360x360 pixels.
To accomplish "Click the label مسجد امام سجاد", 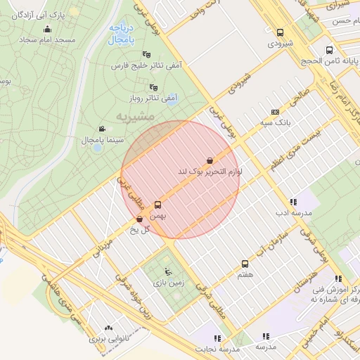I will [x=47, y=40].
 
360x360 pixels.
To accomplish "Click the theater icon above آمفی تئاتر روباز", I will [x=154, y=87].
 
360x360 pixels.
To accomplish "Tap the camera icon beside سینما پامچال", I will [x=103, y=129].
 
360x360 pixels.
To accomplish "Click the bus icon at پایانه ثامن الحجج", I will [x=329, y=50].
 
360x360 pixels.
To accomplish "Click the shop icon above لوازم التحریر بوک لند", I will [x=210, y=160].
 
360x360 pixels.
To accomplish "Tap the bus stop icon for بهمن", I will [x=157, y=205].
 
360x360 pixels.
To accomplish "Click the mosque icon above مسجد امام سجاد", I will [x=47, y=29].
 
